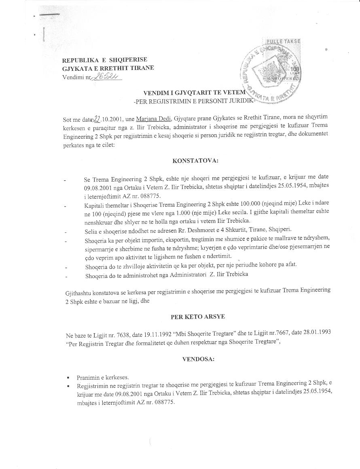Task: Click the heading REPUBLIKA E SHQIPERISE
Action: (x=104, y=60)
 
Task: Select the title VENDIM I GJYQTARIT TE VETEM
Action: (x=194, y=93)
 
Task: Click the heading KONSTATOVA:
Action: (x=195, y=161)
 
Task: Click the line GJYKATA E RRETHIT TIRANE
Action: (x=108, y=68)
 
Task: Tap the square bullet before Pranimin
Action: (x=69, y=378)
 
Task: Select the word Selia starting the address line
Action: (x=91, y=230)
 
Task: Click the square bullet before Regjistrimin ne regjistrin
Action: (x=69, y=387)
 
